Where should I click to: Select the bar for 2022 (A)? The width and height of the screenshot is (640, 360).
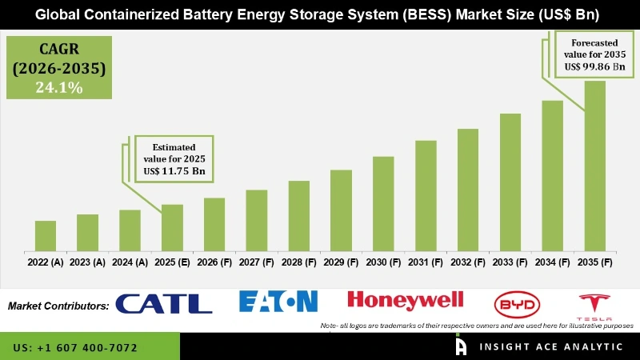tap(46, 234)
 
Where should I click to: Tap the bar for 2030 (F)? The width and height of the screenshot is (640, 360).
tap(383, 202)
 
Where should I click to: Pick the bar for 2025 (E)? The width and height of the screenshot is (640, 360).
tap(172, 226)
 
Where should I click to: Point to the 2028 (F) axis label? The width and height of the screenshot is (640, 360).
tap(299, 262)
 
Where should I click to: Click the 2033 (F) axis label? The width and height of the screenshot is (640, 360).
tap(510, 262)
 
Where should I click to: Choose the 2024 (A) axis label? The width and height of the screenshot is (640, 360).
tap(130, 262)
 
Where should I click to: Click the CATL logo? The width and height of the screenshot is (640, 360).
tap(164, 303)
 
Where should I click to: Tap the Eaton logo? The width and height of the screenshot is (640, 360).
tap(278, 302)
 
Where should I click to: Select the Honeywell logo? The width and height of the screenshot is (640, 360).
tap(405, 300)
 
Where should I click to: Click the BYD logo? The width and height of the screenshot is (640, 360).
tap(517, 303)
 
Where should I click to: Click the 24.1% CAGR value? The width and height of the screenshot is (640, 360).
tap(59, 88)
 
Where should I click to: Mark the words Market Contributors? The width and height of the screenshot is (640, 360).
tap(58, 306)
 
